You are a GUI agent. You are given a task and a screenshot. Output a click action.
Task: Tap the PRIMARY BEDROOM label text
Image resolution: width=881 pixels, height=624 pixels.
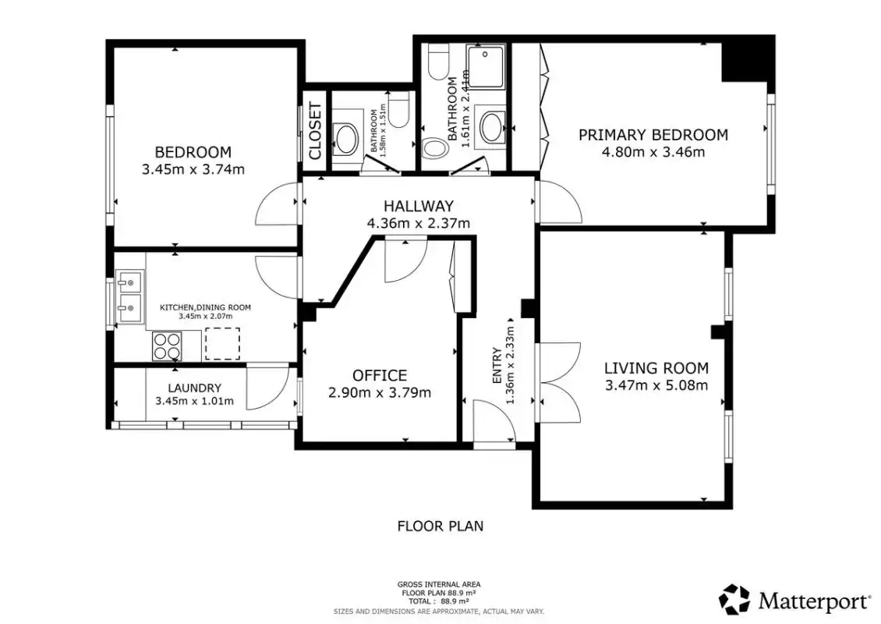653,135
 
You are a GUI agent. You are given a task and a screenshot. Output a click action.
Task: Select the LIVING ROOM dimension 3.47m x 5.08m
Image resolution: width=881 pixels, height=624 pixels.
656,385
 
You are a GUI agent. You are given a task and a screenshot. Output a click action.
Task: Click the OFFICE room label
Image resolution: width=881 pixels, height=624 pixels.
380,375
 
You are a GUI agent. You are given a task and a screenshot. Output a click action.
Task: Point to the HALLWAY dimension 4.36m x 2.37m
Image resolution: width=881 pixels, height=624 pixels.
419,223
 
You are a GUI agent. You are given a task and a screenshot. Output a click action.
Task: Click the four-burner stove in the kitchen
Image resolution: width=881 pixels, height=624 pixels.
168,346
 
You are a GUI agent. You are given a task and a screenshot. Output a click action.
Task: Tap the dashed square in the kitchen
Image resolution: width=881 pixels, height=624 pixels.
222,344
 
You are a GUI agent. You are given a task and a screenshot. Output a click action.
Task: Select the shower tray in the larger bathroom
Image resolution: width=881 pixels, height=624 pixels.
486,67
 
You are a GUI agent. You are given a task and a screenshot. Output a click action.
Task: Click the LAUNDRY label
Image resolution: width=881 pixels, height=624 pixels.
194,388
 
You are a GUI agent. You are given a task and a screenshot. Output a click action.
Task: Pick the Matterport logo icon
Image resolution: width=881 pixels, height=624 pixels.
735,600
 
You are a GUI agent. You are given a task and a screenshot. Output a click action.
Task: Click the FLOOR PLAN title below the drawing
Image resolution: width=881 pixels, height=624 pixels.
440,526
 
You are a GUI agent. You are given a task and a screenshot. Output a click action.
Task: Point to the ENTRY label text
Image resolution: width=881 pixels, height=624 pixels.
497,365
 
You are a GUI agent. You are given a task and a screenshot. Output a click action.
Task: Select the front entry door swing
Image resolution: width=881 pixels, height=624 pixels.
494,422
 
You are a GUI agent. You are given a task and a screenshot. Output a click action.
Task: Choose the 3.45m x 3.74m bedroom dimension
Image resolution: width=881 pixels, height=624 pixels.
193,169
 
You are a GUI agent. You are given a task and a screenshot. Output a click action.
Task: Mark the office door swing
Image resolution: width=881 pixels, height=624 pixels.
405,261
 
